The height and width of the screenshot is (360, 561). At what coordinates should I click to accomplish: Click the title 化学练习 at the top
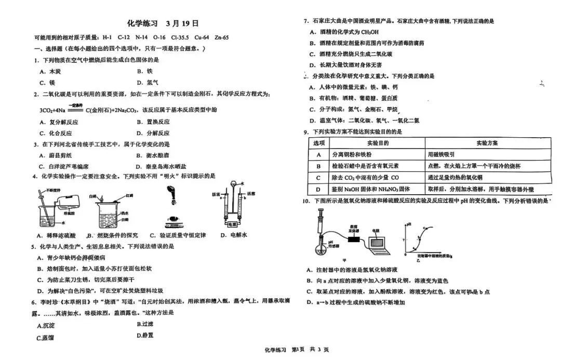click(142, 24)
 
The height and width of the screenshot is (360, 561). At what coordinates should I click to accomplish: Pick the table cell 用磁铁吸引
click(442, 154)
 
